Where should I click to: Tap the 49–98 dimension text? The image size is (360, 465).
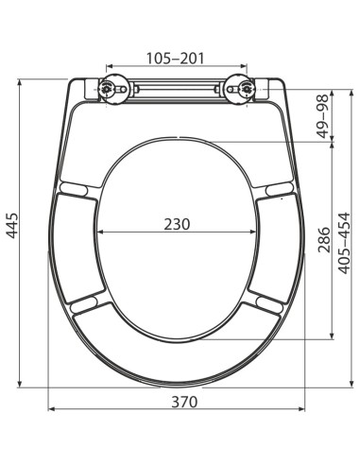click(x=321, y=114)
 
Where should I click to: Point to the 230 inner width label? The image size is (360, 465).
click(x=177, y=224)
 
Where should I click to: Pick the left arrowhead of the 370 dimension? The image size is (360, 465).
click(x=51, y=410)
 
